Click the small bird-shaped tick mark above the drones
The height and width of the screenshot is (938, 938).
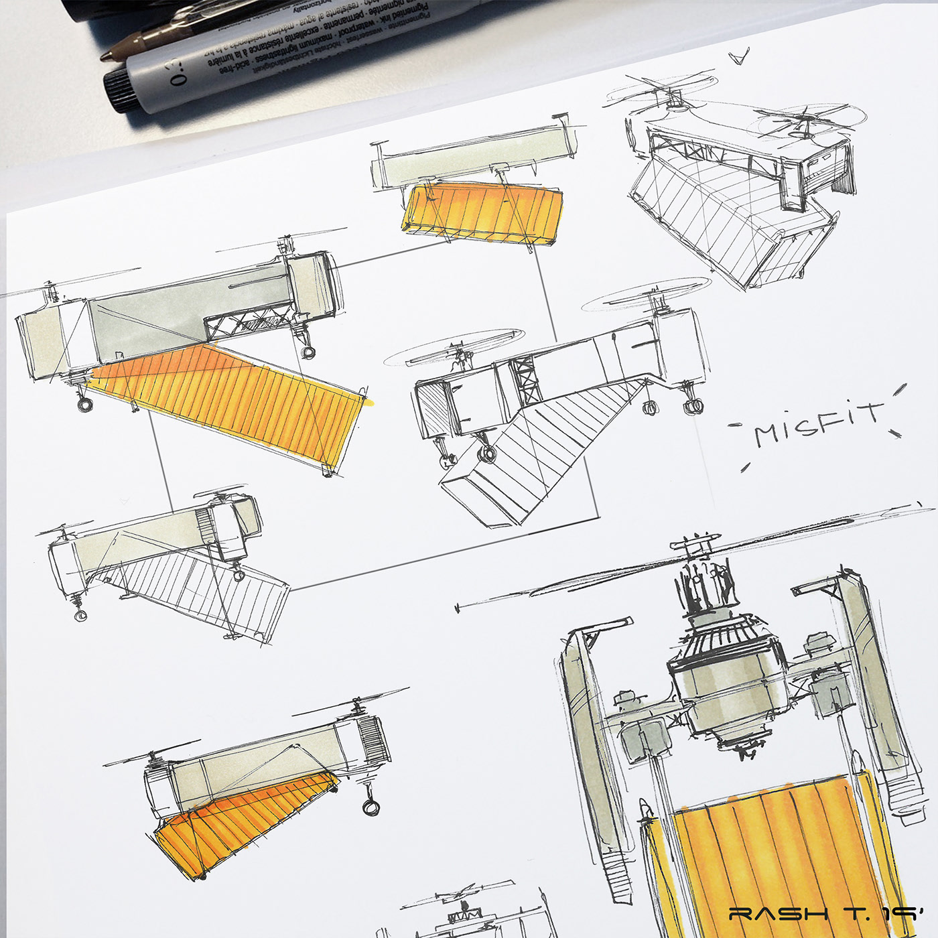coord(740,58)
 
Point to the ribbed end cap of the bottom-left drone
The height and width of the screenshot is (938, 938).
coord(371,740)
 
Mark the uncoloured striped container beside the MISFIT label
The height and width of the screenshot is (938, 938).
coord(529,456)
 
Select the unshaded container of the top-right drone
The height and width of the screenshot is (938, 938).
coord(724,214)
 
